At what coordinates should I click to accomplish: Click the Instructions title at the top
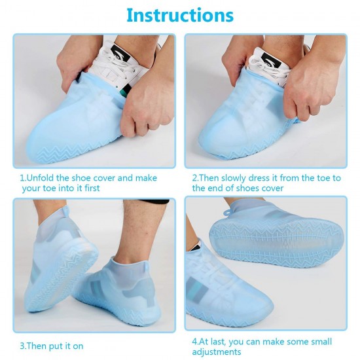point(179,14)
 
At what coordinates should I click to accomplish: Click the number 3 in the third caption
point(22,346)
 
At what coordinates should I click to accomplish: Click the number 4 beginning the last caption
point(194,342)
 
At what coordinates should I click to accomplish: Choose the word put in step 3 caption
point(55,346)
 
